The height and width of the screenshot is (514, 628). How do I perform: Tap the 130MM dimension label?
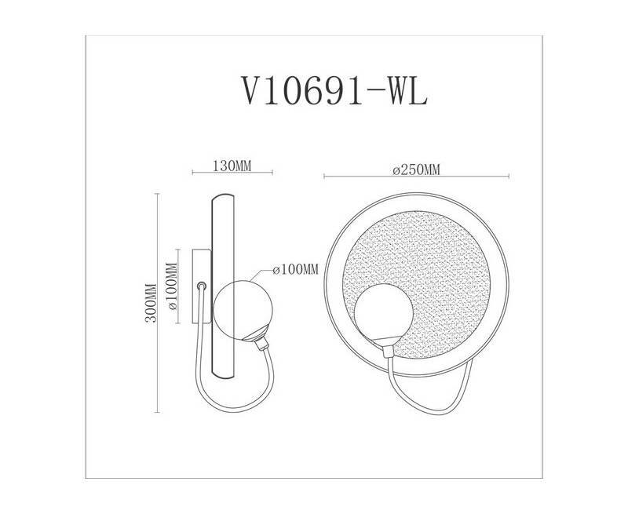pos(232,166)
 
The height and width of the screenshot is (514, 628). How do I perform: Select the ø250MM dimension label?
pos(417,170)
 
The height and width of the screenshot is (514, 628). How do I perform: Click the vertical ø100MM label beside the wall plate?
pos(172,286)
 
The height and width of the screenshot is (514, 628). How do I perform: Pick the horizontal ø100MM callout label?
pos(296,269)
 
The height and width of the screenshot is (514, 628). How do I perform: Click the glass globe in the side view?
pos(243,309)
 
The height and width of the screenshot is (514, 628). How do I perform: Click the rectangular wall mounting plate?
pos(202,286)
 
